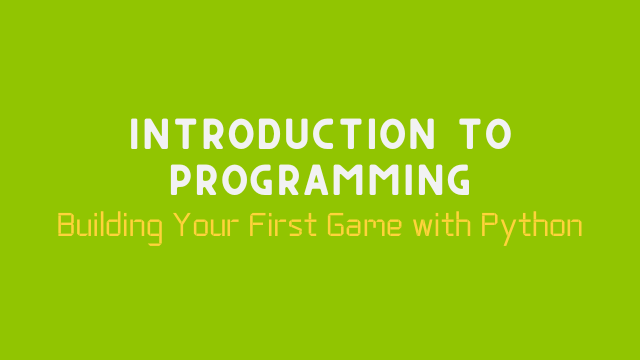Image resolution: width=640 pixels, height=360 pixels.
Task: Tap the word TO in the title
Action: [x=478, y=135]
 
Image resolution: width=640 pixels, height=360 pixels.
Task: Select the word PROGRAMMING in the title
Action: [x=320, y=180]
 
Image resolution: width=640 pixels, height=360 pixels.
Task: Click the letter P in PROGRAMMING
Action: [x=181, y=180]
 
